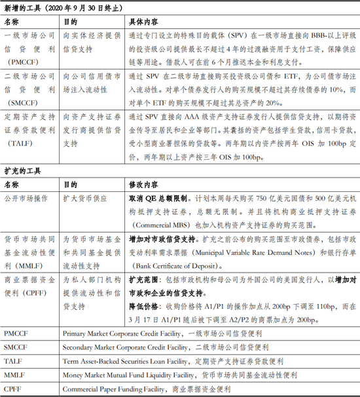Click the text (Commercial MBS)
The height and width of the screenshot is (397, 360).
coord(160,223)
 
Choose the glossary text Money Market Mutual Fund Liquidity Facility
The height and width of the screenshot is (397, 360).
coord(130,376)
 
